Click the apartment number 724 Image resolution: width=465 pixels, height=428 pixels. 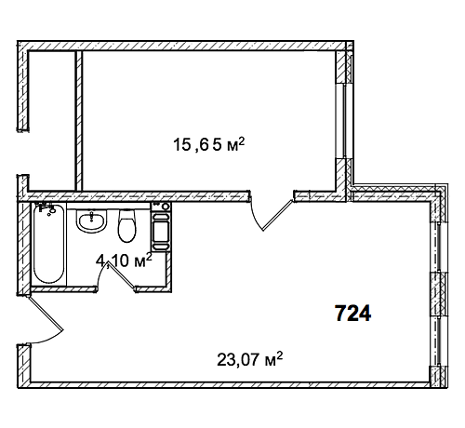tap(353, 314)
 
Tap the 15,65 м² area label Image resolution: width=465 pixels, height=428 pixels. tap(209, 145)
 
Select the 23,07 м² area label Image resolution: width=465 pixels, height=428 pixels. tap(250, 359)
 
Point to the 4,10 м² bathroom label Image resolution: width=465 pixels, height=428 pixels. tap(124, 261)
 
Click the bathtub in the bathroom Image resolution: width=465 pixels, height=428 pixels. tap(49, 244)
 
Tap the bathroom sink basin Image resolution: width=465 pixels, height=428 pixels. tap(91, 221)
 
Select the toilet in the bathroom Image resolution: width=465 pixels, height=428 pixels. tap(127, 225)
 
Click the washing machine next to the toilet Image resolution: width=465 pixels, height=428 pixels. tap(161, 227)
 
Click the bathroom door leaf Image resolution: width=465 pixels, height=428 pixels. tap(122, 276)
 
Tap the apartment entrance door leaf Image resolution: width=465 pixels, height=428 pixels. tap(46, 314)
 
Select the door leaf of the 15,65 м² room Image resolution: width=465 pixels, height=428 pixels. tap(278, 215)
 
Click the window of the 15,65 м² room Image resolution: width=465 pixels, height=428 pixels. tap(344, 121)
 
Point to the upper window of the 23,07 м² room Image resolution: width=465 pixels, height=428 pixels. tap(439, 247)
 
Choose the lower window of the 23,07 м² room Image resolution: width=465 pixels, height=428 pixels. tap(439, 341)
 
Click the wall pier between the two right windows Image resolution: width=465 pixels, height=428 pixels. tap(440, 295)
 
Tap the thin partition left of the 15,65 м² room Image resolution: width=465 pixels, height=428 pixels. tap(79, 120)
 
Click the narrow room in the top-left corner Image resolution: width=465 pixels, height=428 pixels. tap(52, 120)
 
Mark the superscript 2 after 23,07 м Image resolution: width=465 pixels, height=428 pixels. tap(279, 355)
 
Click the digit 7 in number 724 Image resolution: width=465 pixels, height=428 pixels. tap(340, 314)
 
